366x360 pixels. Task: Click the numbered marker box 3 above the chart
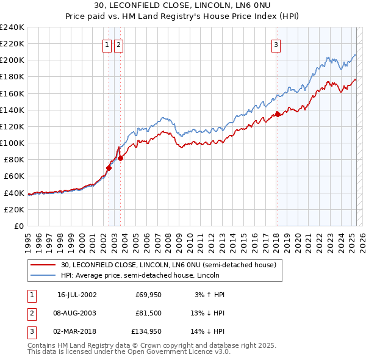(x=276, y=44)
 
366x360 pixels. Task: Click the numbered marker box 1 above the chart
(x=107, y=44)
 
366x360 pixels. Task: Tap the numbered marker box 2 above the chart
(x=118, y=44)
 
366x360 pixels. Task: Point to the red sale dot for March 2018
(x=278, y=113)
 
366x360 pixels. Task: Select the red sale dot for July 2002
(x=109, y=168)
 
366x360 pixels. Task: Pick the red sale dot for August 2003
(x=121, y=158)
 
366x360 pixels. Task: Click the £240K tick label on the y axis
(x=12, y=27)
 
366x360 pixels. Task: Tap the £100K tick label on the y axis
(x=12, y=143)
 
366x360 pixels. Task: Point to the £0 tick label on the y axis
(x=18, y=226)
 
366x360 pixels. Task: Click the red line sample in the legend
(x=42, y=265)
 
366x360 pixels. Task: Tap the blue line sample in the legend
(x=42, y=275)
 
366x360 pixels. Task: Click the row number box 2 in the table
(x=31, y=313)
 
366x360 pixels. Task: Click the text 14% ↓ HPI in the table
(x=207, y=331)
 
